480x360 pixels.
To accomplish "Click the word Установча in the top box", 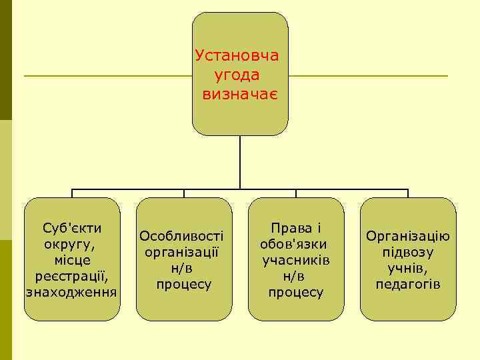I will click(238, 54).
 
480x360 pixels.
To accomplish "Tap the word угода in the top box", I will click(238, 72).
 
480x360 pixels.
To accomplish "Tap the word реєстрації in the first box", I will click(71, 276).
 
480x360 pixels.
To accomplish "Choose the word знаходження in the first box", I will click(71, 292).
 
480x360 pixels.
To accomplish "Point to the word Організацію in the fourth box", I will click(408, 236).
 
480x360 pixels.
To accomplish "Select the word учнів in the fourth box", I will click(408, 269).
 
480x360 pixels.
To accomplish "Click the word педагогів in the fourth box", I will click(408, 285).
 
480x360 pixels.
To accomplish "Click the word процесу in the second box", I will click(183, 285).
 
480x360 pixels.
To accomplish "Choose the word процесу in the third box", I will click(295, 292).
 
